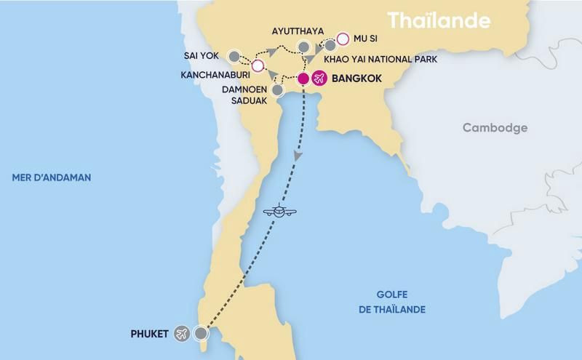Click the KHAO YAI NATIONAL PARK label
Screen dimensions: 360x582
pyautogui.click(x=390, y=57)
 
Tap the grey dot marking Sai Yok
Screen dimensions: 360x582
pyautogui.click(x=234, y=55)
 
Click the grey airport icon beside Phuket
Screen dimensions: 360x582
pyautogui.click(x=182, y=334)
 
